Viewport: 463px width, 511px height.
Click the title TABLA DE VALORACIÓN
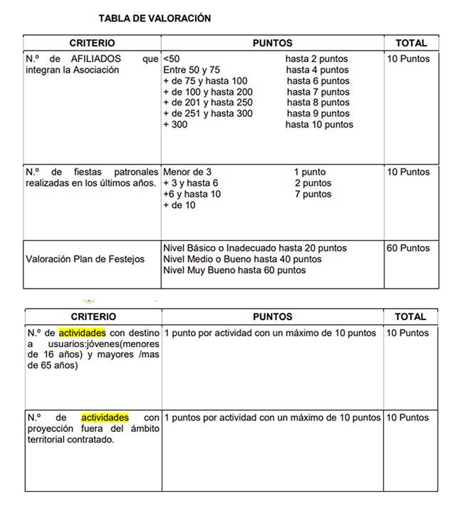[155, 19]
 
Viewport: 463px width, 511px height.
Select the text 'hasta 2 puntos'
[317, 59]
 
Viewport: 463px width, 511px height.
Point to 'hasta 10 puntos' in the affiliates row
[319, 125]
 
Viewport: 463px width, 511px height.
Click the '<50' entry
[172, 59]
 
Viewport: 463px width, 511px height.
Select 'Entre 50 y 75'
[192, 70]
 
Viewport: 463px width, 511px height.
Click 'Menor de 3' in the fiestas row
[187, 172]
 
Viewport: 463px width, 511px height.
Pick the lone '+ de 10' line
[180, 205]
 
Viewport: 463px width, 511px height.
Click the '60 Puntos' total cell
[408, 249]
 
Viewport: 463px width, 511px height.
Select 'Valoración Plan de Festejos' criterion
[85, 259]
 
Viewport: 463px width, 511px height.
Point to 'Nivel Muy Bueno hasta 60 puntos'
[234, 270]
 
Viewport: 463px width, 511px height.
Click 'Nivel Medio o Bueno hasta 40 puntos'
[242, 259]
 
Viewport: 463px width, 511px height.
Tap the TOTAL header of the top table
[411, 43]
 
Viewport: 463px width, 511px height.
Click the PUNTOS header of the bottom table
[272, 316]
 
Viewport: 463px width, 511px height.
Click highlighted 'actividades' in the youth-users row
[82, 333]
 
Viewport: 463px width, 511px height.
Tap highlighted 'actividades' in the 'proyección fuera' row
[105, 417]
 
